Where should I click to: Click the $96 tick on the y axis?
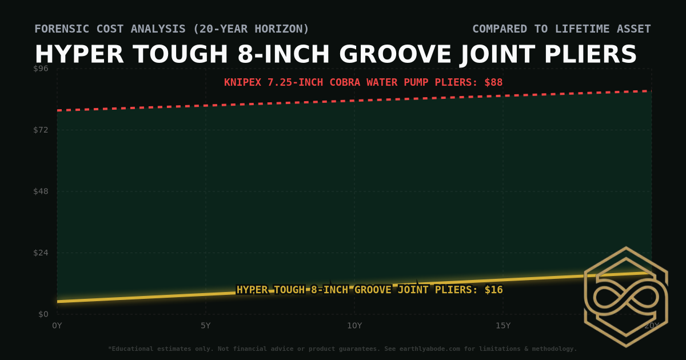click(41, 68)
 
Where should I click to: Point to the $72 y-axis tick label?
click(41, 130)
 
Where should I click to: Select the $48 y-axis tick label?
click(41, 191)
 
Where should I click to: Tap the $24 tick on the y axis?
click(41, 253)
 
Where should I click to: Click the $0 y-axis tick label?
click(43, 314)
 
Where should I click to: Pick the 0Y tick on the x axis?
click(57, 326)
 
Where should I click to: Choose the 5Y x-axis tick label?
click(206, 326)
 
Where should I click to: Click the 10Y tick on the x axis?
click(354, 326)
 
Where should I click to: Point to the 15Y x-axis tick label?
click(503, 326)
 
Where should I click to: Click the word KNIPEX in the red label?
click(242, 82)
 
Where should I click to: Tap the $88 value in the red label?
click(493, 82)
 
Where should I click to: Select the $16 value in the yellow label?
click(493, 290)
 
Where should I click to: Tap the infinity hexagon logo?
click(626, 297)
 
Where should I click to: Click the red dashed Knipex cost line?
click(354, 101)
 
